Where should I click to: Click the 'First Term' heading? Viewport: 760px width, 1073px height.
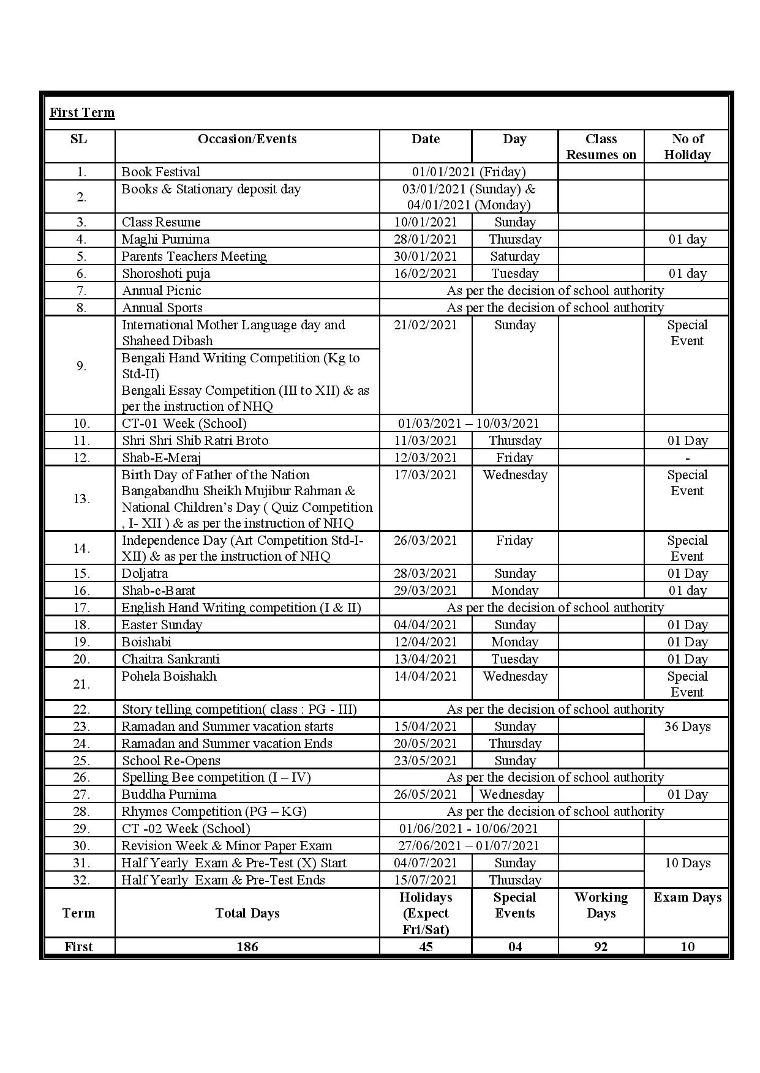pyautogui.click(x=82, y=113)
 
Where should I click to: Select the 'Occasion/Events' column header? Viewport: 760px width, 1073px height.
pyautogui.click(x=247, y=139)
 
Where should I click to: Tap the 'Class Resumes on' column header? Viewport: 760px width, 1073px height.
pyautogui.click(x=601, y=147)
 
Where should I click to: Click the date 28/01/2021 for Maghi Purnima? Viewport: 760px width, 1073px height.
pyautogui.click(x=426, y=239)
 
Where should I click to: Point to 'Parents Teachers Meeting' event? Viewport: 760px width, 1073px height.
pyautogui.click(x=194, y=256)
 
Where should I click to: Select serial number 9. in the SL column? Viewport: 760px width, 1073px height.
pyautogui.click(x=81, y=366)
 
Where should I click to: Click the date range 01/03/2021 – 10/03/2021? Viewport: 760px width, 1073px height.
pyautogui.click(x=468, y=424)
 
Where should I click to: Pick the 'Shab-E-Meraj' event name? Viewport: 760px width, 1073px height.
pyautogui.click(x=162, y=458)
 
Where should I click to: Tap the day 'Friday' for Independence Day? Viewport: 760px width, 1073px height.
pyautogui.click(x=514, y=540)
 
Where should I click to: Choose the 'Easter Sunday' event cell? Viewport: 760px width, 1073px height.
pyautogui.click(x=162, y=625)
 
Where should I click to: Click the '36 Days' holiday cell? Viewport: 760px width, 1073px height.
pyautogui.click(x=687, y=727)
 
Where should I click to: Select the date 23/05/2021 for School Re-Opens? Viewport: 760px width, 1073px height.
pyautogui.click(x=426, y=761)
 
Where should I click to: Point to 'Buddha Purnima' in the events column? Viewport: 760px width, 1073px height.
pyautogui.click(x=169, y=794)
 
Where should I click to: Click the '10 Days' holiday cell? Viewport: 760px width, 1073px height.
pyautogui.click(x=687, y=863)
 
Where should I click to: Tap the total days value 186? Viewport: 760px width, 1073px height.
pyautogui.click(x=247, y=946)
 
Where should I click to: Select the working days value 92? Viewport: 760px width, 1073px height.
pyautogui.click(x=601, y=946)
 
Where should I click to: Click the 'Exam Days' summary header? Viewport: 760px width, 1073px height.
pyautogui.click(x=687, y=897)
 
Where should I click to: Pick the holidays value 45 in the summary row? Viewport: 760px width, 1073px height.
pyautogui.click(x=426, y=946)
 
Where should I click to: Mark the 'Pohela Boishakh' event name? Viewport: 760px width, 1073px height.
pyautogui.click(x=169, y=676)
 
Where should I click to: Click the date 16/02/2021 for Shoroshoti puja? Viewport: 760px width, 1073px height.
pyautogui.click(x=426, y=274)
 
